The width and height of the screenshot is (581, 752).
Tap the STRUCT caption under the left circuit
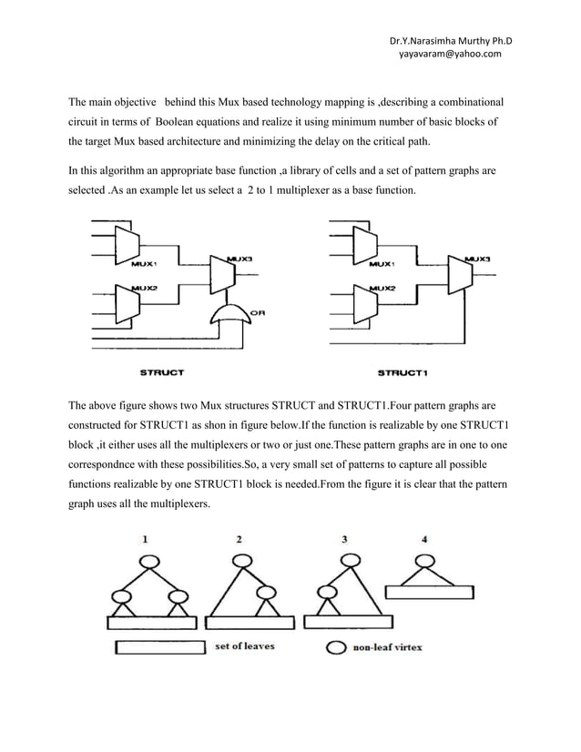coord(163,371)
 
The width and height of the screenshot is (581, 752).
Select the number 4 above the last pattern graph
coord(425,539)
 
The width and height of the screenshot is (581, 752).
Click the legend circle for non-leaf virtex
coord(336,649)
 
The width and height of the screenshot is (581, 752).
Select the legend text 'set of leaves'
coord(245,647)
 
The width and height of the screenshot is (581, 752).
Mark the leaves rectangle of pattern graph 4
coord(430,591)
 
